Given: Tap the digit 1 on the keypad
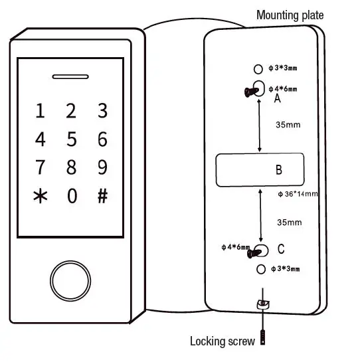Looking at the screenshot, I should (x=41, y=111).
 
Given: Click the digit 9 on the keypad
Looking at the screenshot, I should (x=102, y=166).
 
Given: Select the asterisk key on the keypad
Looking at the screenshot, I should (x=41, y=196).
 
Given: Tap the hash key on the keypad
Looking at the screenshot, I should (x=102, y=196).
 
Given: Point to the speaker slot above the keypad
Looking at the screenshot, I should (x=72, y=76).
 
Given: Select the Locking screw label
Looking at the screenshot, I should (x=222, y=341).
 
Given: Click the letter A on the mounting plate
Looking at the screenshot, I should (x=278, y=98).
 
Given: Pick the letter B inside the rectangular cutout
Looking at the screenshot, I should (x=279, y=170).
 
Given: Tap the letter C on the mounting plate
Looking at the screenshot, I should (x=281, y=249).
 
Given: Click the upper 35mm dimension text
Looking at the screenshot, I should (x=288, y=125).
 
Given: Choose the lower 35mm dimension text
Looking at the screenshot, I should (x=290, y=222).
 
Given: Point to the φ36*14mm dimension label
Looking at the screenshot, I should (x=298, y=194).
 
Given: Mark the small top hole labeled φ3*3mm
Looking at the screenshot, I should (x=259, y=69).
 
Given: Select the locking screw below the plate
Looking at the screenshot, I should (x=264, y=337).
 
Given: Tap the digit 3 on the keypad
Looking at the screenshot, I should (x=102, y=111).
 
